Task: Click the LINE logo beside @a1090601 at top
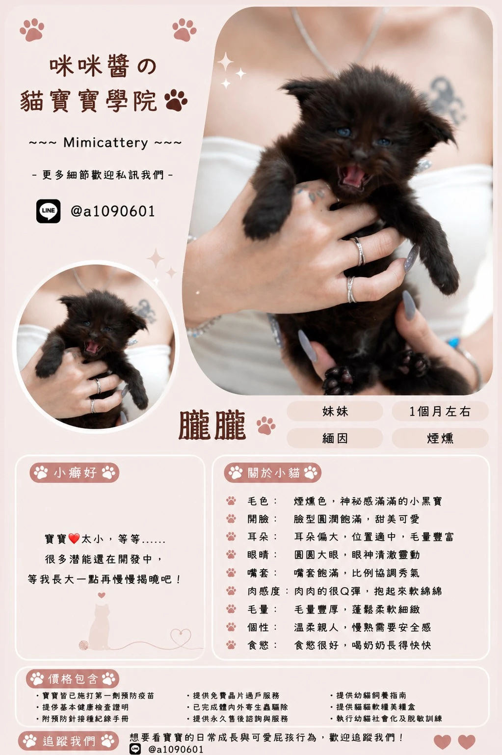[49, 211]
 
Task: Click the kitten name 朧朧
[212, 425]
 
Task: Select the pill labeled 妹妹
[335, 411]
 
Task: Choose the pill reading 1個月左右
[440, 411]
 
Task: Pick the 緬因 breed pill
[335, 438]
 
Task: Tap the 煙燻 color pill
[440, 438]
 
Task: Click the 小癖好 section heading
[75, 473]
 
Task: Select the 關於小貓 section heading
[273, 473]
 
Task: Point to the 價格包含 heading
[73, 679]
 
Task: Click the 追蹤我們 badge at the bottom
[69, 741]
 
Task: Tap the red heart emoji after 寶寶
[74, 538]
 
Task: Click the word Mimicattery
[106, 143]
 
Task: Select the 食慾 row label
[258, 645]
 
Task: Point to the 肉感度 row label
[264, 591]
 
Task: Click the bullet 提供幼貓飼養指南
[371, 696]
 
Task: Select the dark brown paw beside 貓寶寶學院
[175, 100]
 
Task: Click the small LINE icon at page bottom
[135, 749]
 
